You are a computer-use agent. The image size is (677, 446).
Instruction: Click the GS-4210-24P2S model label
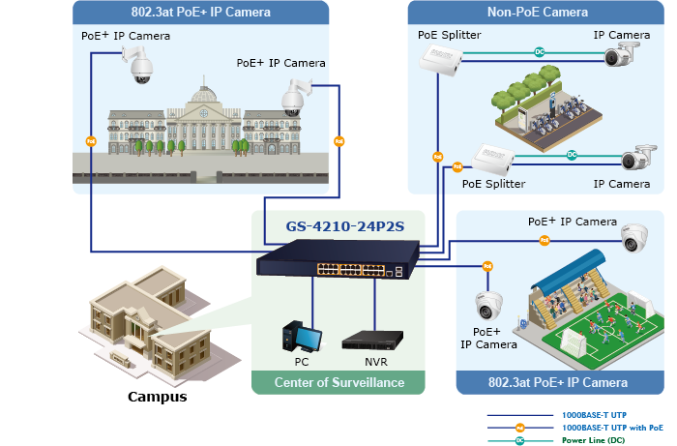338,228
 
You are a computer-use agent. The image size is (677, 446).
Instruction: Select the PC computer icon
302,336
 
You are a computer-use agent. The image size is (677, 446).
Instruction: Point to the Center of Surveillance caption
338,383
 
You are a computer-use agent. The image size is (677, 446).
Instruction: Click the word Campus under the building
158,397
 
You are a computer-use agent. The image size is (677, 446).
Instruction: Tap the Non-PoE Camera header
538,13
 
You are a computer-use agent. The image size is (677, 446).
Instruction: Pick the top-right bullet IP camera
625,56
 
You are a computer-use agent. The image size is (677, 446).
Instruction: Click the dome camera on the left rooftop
137,65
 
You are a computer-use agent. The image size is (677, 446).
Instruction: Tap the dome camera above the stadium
634,236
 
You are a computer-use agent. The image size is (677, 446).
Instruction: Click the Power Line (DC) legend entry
593,440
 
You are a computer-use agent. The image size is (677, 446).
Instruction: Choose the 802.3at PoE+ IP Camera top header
200,13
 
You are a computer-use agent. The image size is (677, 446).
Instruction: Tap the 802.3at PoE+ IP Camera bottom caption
559,383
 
